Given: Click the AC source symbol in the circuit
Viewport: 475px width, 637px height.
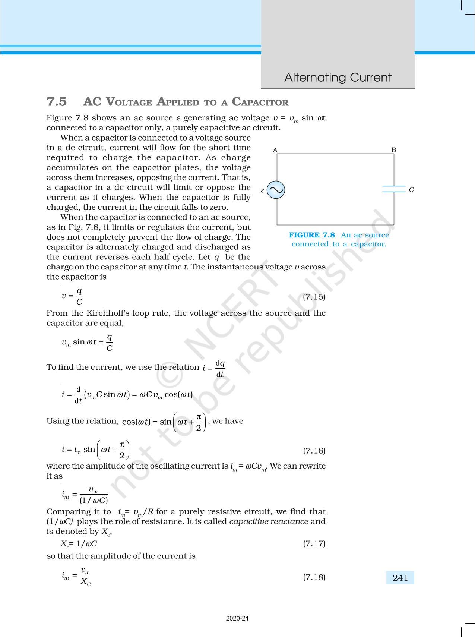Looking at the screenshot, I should coord(276,190).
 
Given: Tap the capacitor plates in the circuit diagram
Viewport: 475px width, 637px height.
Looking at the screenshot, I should coord(394,189).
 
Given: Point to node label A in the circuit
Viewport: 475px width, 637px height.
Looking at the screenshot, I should coord(275,150).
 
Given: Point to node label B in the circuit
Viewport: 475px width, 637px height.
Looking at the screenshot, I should coord(394,150).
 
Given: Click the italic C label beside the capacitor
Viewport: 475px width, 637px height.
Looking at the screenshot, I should coord(411,190).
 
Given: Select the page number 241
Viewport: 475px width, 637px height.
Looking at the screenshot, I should coord(400,578).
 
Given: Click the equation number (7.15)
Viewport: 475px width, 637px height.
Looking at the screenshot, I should coord(314,297).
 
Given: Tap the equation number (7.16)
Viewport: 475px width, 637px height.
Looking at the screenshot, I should coord(314,451).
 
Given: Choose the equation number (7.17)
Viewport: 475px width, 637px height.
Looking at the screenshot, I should coord(314,543).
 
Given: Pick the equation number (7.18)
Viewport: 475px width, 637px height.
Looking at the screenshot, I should coord(314,577).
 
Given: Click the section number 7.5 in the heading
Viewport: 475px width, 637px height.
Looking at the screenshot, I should coord(57,102).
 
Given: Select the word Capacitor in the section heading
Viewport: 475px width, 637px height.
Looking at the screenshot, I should coord(260,102).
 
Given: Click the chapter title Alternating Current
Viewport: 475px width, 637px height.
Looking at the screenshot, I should coord(338,77).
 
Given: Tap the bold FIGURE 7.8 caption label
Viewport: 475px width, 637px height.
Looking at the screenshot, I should coord(312,235).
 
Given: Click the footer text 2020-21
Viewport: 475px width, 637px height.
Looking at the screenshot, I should coord(237,618).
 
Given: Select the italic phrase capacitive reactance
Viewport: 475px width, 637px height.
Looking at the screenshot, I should coord(269,521).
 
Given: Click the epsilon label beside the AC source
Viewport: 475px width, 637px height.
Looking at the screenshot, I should coord(262,190).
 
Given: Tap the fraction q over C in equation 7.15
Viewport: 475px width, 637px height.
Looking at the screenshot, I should coord(79,296).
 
